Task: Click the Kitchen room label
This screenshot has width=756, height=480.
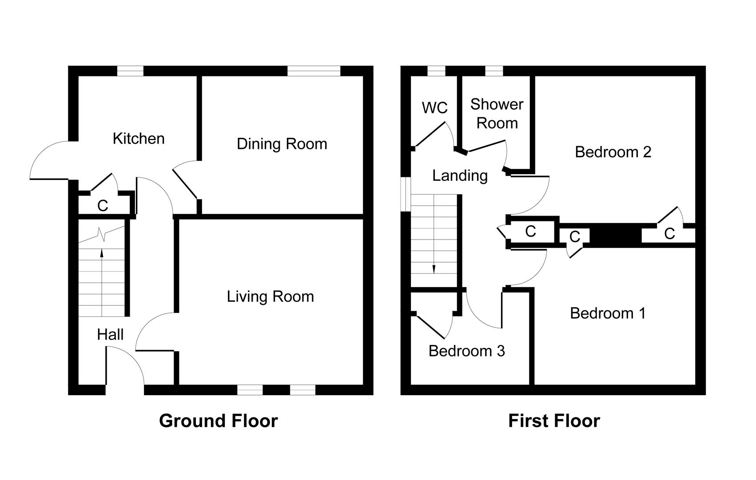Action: click(139, 139)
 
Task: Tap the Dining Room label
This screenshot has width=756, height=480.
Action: click(282, 144)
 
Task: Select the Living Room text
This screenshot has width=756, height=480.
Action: click(270, 296)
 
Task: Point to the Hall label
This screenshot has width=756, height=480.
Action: click(110, 335)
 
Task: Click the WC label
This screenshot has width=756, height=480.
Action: click(434, 108)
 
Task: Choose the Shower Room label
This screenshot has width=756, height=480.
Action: click(497, 113)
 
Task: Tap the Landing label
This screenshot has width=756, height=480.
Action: click(460, 176)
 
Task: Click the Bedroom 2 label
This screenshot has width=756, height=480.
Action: click(613, 152)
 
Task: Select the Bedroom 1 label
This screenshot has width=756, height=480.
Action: click(608, 313)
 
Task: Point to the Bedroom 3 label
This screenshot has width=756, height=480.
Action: click(466, 351)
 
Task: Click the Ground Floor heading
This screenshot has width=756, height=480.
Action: click(218, 420)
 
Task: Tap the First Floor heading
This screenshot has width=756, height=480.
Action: click(554, 420)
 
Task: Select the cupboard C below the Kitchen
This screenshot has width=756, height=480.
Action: click(103, 206)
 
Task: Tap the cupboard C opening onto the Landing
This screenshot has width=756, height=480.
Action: click(530, 231)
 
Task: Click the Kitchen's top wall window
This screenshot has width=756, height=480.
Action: click(130, 71)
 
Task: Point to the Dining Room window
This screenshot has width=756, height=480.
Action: click(314, 71)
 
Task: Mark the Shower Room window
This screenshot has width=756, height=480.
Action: click(494, 71)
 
